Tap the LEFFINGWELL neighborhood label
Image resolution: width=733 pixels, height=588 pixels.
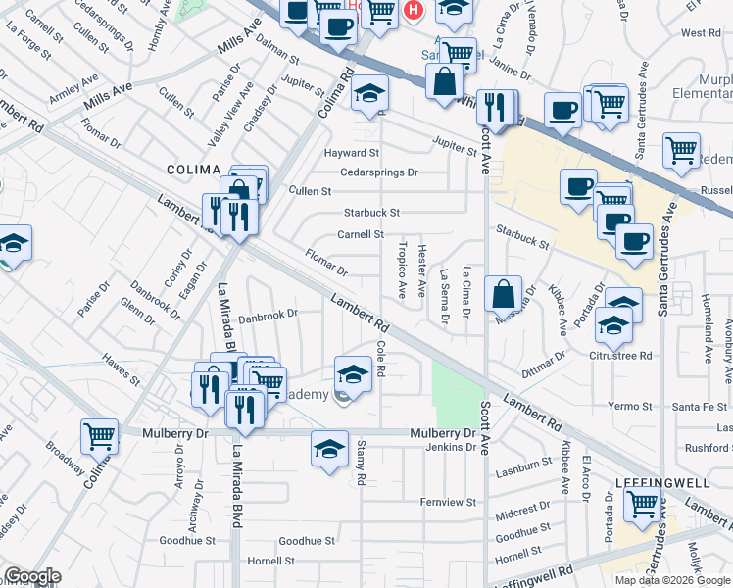point(656,483)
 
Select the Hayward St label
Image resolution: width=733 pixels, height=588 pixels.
point(353,153)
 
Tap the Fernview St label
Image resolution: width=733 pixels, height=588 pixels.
point(448,502)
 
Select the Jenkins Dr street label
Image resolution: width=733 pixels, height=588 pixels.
point(450,447)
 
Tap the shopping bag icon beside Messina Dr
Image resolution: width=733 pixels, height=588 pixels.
point(503,293)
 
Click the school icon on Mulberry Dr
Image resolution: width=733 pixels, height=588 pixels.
point(330,448)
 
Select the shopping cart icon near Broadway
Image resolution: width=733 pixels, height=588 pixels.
point(99,436)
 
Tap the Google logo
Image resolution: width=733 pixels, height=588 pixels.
point(32,577)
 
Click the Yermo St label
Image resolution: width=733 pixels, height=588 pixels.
point(624,406)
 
